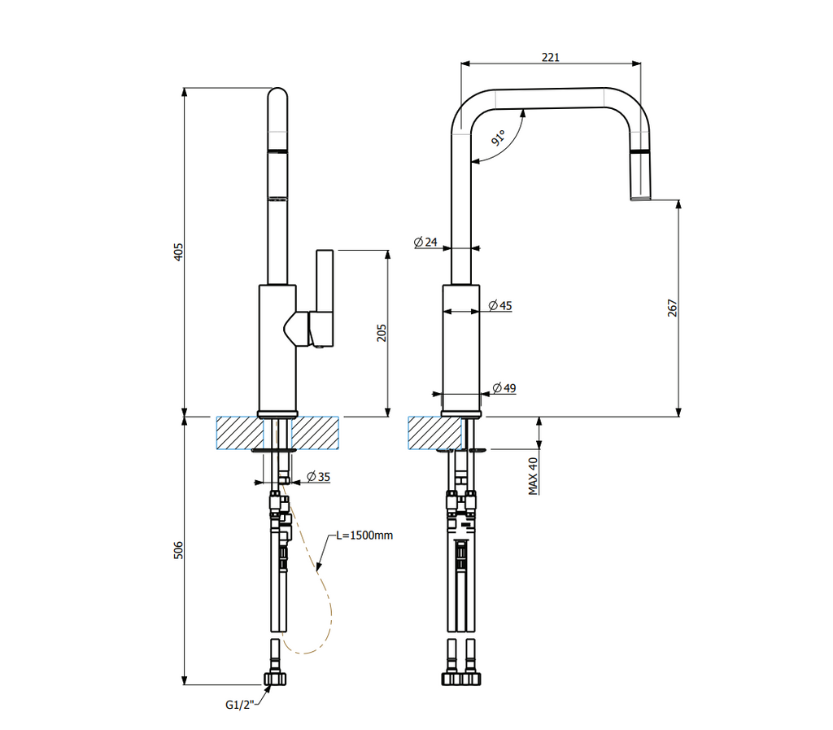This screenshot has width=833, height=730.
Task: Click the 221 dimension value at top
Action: tap(551, 57)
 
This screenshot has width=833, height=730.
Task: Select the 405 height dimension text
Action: tap(179, 251)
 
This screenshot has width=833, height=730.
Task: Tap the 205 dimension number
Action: tap(382, 333)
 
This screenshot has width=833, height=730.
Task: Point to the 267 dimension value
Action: tap(672, 308)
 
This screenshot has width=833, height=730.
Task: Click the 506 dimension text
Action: tap(179, 550)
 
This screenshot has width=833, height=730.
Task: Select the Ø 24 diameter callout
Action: tap(425, 243)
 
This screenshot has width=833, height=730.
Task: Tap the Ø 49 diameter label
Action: tap(504, 388)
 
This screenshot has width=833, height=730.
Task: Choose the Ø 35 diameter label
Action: tap(318, 477)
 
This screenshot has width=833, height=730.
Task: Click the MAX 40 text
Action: tap(534, 475)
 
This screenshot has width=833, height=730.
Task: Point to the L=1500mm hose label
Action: tap(364, 535)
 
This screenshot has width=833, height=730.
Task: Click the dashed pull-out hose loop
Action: tap(325, 602)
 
